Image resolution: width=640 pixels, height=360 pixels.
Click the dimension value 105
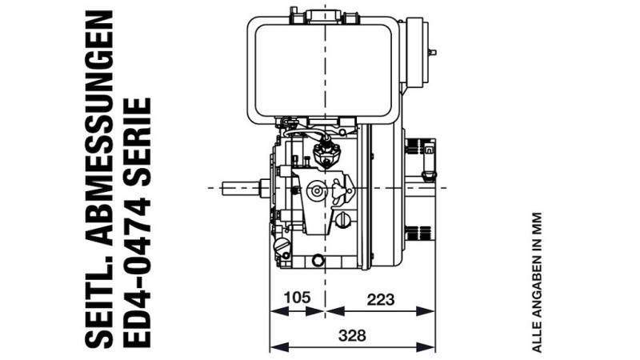[x=297, y=298]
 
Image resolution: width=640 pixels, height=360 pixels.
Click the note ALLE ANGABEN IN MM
[x=537, y=282]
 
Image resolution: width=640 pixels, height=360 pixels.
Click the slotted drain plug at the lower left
[x=281, y=245]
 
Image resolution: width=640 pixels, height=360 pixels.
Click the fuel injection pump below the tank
[x=326, y=151]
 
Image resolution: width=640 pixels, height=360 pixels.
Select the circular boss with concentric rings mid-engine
[x=315, y=191]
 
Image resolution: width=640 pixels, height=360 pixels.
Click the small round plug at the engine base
[x=318, y=260]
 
